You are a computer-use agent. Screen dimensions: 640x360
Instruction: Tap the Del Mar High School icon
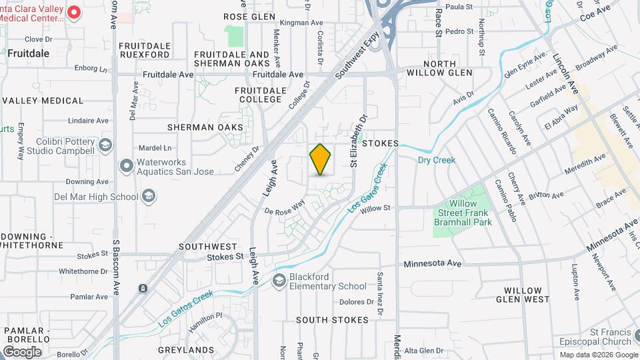[x=149, y=196]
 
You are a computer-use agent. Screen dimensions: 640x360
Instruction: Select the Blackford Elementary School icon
[x=279, y=281]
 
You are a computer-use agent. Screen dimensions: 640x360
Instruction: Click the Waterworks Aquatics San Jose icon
[x=126, y=165]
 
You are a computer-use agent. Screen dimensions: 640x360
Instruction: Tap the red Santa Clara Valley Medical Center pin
[x=75, y=11]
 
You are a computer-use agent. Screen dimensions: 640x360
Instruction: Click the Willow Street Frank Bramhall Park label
[x=463, y=213]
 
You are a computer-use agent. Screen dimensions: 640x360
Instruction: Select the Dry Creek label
[x=436, y=160]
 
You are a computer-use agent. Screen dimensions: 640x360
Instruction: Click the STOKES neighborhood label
[x=381, y=143]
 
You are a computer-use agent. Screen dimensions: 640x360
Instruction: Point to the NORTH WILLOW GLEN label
[x=439, y=67]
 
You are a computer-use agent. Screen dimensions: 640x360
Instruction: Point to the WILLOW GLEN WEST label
[x=527, y=295]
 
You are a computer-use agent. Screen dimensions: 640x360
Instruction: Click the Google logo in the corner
[x=23, y=351]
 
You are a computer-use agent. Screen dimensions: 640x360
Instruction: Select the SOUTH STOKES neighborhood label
[x=332, y=320]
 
